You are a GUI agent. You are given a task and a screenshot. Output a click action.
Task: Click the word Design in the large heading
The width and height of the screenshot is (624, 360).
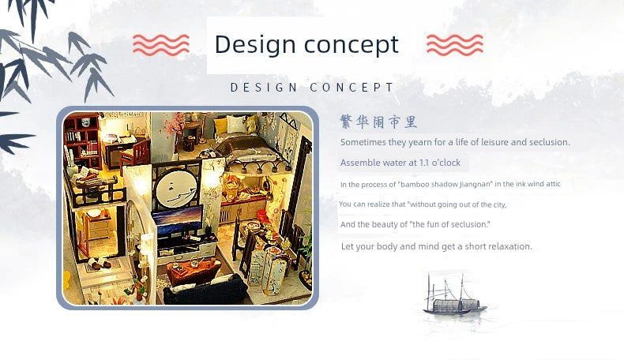(x=254, y=44)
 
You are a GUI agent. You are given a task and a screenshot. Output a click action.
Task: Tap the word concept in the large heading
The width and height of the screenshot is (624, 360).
(x=351, y=45)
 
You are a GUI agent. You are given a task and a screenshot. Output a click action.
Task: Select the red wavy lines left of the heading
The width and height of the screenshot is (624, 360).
(x=161, y=44)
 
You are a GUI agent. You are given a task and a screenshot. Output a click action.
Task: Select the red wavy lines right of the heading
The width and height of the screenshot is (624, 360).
(x=455, y=44)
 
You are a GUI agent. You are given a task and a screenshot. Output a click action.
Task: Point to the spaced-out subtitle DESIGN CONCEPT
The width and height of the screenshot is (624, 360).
(x=313, y=88)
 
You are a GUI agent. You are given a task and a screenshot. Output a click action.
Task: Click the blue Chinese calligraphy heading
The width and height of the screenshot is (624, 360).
(x=378, y=122)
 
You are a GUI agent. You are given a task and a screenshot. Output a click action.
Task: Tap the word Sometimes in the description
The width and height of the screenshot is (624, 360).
(x=359, y=142)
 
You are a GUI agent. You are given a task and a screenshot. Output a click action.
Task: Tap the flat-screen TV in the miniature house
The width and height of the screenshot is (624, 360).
(x=177, y=221)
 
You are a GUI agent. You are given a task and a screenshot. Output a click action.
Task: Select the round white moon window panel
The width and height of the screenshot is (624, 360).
(x=176, y=189)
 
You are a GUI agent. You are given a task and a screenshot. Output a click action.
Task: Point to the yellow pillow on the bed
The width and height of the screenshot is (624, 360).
(x=220, y=126)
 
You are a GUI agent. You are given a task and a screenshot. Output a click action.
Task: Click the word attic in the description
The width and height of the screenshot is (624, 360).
(x=553, y=184)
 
